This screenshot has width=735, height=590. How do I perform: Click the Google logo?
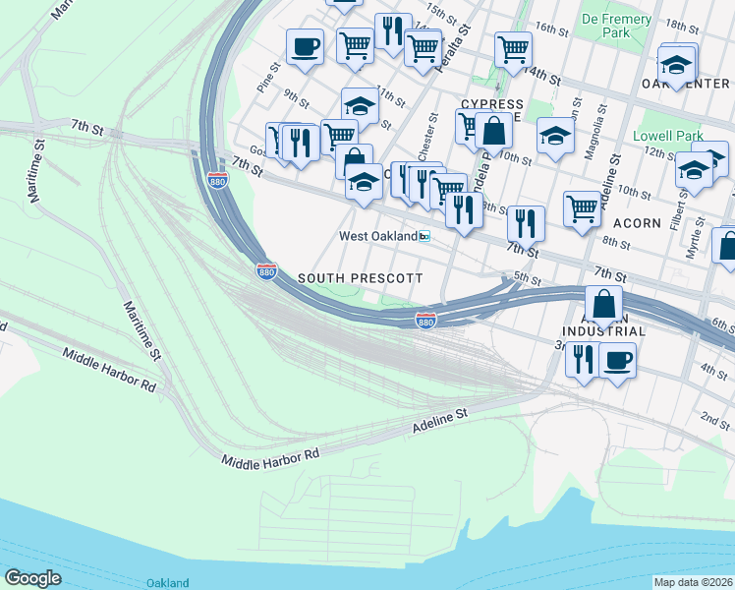click(32, 577)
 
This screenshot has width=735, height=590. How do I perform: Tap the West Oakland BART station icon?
click(424, 236)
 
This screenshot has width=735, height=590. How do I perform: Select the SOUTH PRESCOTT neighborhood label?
click(360, 278)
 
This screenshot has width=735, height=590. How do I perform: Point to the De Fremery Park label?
click(616, 26)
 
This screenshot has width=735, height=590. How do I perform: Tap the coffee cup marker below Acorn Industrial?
click(617, 360)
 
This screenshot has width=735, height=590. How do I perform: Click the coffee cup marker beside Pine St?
click(305, 45)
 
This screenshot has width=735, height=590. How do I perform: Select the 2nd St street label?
click(715, 420)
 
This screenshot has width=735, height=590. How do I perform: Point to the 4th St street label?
click(714, 370)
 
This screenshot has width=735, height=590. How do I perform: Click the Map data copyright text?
click(694, 581)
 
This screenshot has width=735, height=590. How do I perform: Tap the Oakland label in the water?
click(167, 583)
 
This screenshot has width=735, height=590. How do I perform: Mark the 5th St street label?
click(528, 280)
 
